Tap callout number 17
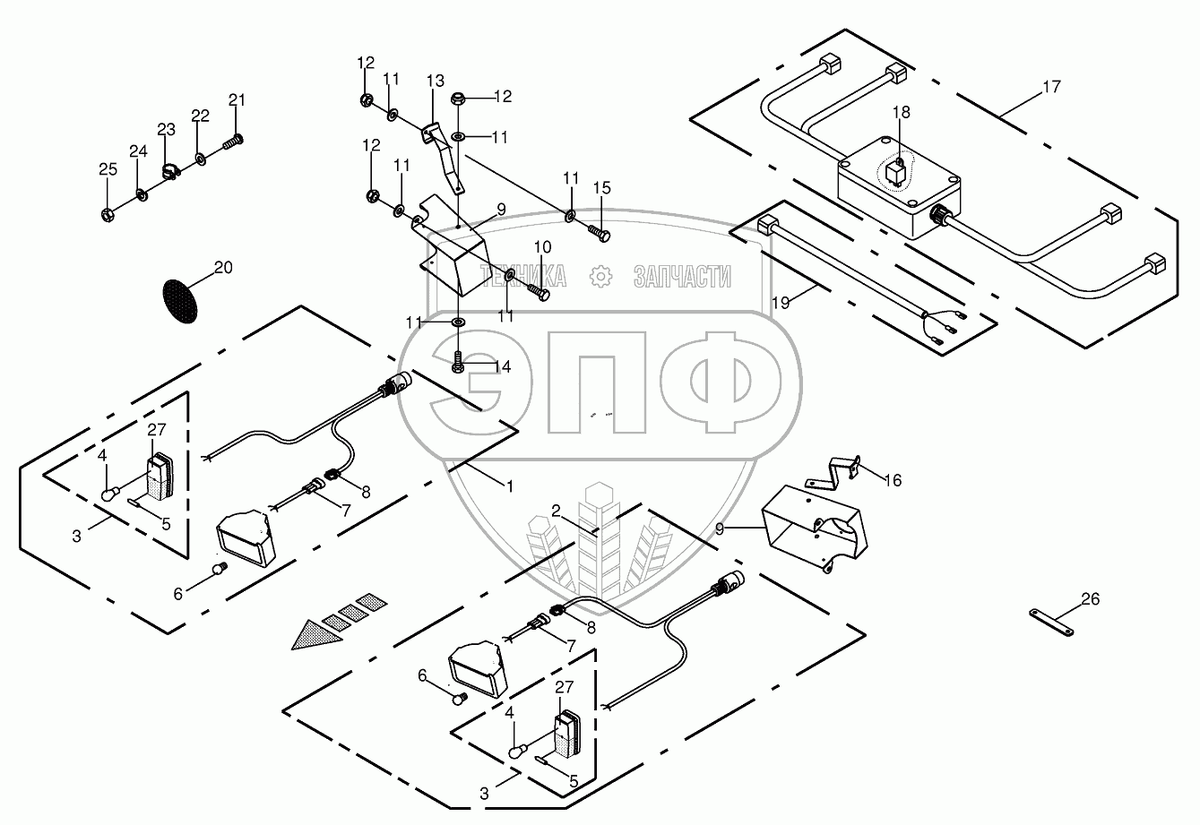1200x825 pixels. coord(1051,87)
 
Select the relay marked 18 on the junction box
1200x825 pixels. coord(894,171)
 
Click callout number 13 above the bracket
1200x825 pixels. coord(435,82)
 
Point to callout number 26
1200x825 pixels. coord(1089,599)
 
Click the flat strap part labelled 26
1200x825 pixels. coord(1050,617)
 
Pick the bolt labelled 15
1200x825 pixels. coord(599,231)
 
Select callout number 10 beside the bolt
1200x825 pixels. coord(543,246)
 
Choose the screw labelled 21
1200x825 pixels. coord(235,140)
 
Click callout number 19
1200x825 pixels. coord(781,302)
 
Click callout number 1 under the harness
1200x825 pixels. coord(509,486)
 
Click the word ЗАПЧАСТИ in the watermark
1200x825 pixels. coord(682,277)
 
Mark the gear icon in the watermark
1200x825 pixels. coord(600,276)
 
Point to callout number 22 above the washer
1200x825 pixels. coord(201,116)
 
